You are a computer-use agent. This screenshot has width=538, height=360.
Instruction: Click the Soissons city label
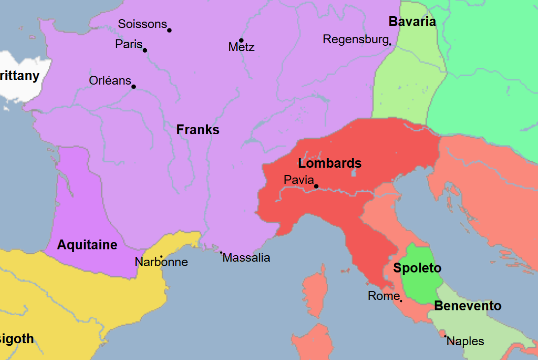142,24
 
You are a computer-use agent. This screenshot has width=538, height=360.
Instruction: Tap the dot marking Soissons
169,30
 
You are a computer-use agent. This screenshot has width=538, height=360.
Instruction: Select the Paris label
128,44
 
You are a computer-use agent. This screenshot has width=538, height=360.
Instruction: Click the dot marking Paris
145,50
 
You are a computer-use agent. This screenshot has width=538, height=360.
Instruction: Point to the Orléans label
110,81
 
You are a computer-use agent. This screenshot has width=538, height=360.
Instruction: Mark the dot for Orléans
133,87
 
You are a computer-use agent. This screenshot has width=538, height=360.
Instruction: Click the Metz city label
241,47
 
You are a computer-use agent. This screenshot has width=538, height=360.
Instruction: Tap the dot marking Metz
241,40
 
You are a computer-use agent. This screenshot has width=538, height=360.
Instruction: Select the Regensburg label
355,39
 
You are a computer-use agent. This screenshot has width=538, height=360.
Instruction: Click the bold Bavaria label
412,22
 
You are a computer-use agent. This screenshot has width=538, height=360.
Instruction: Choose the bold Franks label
198,130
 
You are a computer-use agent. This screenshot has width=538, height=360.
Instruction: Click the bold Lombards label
330,163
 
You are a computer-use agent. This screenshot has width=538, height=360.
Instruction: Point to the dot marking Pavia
316,186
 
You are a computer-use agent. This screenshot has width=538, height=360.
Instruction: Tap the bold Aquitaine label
87,245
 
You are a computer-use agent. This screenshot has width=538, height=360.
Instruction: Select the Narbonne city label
161,262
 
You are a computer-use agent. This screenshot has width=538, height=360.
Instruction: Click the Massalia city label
246,258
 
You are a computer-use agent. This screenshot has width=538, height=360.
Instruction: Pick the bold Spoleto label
417,268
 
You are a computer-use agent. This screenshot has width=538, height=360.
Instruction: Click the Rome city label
383,296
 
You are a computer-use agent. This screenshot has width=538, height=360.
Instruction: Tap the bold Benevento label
468,306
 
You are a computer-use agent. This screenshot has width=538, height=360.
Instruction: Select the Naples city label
465,341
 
